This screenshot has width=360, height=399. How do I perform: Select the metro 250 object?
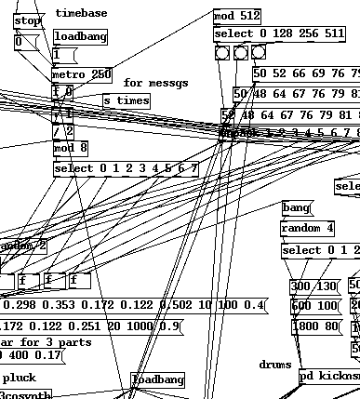(x=82, y=74)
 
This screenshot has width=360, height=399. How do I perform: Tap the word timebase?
(x=81, y=13)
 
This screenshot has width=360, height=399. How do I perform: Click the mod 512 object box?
(x=236, y=17)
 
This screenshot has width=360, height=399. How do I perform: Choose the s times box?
(x=126, y=100)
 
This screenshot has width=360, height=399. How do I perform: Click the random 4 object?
(x=307, y=229)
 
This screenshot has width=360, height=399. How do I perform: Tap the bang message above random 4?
(x=297, y=207)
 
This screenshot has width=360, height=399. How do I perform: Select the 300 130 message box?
(x=313, y=286)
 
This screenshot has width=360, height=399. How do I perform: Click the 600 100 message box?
(x=313, y=306)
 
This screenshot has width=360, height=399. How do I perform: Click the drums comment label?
(x=274, y=366)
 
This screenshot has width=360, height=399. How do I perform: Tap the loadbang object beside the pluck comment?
(x=158, y=380)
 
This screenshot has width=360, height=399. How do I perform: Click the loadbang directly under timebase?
(x=80, y=37)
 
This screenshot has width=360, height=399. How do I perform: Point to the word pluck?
(x=19, y=379)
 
